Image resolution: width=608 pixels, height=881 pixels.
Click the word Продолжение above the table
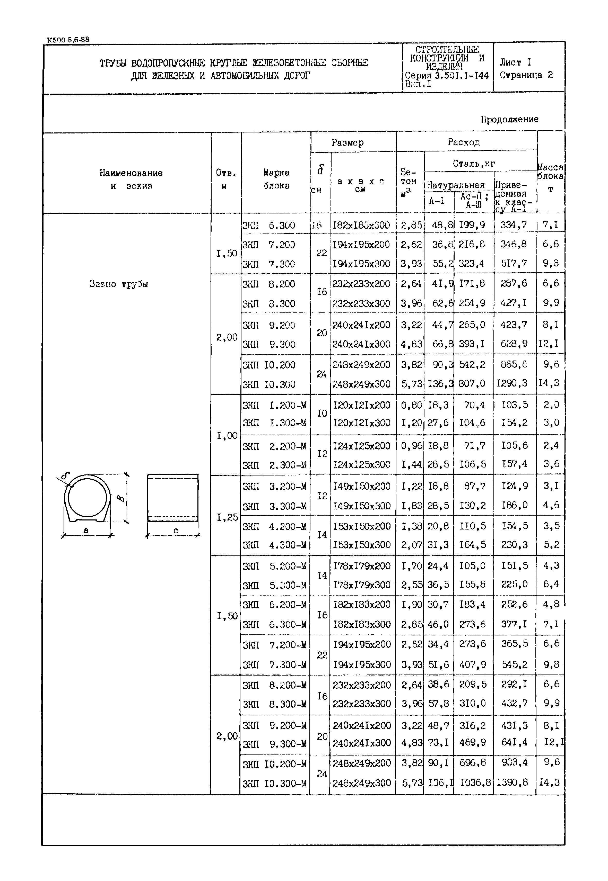click(509, 120)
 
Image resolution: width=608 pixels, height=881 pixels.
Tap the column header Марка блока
click(276, 179)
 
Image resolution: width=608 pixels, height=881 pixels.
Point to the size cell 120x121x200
click(361, 405)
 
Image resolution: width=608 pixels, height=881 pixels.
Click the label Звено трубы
click(118, 284)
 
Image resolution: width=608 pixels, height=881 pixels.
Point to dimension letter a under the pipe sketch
click(86, 530)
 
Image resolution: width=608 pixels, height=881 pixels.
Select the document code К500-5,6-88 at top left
click(68, 39)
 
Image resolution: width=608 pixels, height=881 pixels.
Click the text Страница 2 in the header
click(526, 75)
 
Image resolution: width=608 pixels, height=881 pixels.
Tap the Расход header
click(463, 142)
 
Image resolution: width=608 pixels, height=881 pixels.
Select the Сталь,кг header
click(474, 164)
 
